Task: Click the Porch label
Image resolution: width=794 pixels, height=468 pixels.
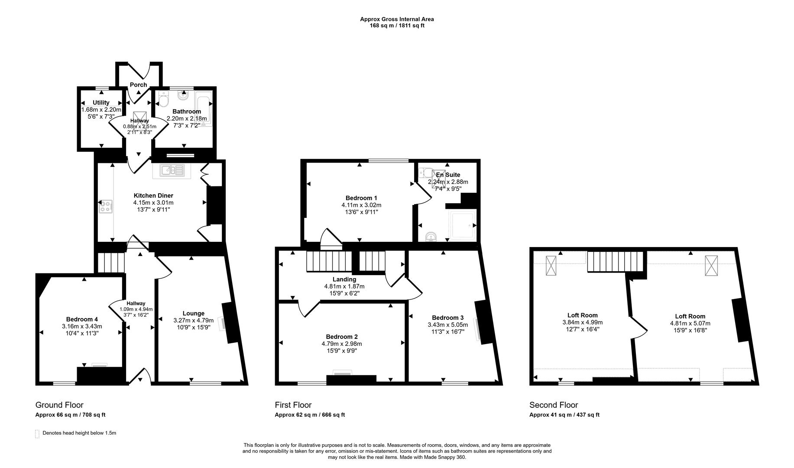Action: coord(138,84)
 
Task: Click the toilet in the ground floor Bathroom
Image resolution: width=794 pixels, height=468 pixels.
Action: coord(163,101)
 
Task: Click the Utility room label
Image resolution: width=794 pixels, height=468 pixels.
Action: coord(101,103)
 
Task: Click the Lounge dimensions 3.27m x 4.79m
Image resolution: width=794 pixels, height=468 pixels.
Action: coord(193,321)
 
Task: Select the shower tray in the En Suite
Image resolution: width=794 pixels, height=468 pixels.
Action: coord(462,226)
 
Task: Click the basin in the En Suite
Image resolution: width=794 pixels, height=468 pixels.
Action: coord(431,237)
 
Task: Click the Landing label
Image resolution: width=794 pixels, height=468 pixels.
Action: coord(344,279)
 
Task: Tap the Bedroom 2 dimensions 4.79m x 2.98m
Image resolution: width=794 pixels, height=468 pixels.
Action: coord(341,344)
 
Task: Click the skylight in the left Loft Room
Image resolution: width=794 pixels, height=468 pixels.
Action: coord(551,266)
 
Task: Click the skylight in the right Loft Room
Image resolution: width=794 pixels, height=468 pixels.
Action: coord(711,266)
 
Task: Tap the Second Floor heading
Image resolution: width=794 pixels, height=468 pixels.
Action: coord(553,405)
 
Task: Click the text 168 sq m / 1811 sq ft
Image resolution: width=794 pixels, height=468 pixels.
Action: coord(397,26)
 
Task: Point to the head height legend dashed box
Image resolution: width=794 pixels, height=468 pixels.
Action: coord(37,434)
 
